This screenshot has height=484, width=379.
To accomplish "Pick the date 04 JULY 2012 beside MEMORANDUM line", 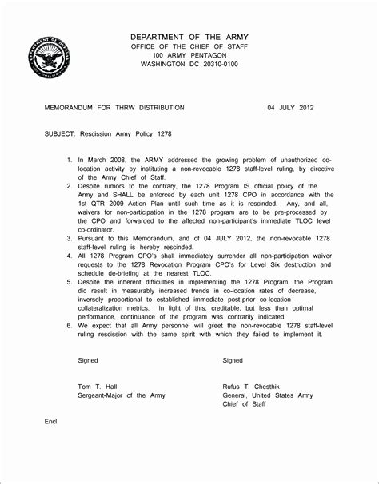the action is pyautogui.click(x=296, y=107).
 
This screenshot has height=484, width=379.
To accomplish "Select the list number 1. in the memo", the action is pyautogui.click(x=70, y=161).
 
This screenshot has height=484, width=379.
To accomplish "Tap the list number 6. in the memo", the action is pyautogui.click(x=70, y=325).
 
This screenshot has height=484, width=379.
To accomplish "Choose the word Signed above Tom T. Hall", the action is pyautogui.click(x=87, y=360).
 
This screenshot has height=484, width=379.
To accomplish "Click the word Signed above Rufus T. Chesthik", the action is pyautogui.click(x=233, y=360).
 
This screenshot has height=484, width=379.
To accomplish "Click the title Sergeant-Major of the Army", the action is pyautogui.click(x=122, y=395).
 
